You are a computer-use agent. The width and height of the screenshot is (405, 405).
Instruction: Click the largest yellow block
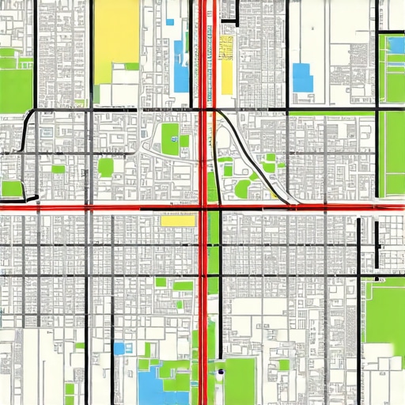pos(116,40)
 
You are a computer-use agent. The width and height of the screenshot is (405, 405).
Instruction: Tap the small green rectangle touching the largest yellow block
pos(131,66)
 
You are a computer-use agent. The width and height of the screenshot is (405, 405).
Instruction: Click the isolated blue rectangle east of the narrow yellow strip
pos(302,77)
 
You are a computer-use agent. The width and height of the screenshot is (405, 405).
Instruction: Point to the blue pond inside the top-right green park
pos(393,45)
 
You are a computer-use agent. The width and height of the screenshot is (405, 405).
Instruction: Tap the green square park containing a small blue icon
pos(170,138)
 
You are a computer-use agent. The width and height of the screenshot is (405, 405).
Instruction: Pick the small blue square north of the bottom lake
pos(119,348)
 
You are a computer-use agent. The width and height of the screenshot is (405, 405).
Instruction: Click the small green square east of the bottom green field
pos(283,364)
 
